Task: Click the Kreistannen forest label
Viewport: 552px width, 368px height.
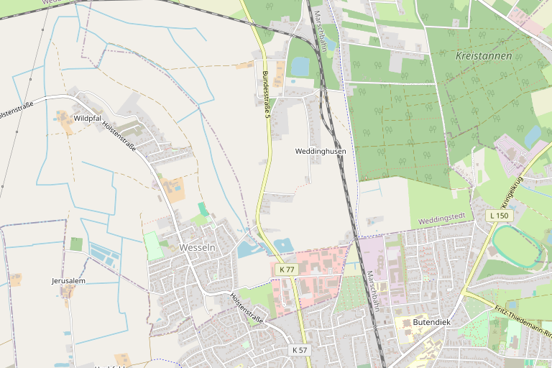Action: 484,55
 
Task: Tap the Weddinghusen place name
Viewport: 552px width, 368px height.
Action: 321,152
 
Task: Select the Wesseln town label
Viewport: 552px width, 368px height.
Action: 197,247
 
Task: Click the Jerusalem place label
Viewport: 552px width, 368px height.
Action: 68,280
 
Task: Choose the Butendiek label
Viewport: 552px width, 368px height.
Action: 431,322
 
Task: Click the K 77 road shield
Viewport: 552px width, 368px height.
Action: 287,269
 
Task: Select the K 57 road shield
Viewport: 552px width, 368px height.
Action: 300,349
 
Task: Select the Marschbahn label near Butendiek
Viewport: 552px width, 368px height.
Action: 372,291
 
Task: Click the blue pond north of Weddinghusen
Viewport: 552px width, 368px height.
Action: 300,66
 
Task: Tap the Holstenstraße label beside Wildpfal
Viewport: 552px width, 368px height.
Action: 119,134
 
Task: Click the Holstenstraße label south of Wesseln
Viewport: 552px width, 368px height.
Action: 247,307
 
